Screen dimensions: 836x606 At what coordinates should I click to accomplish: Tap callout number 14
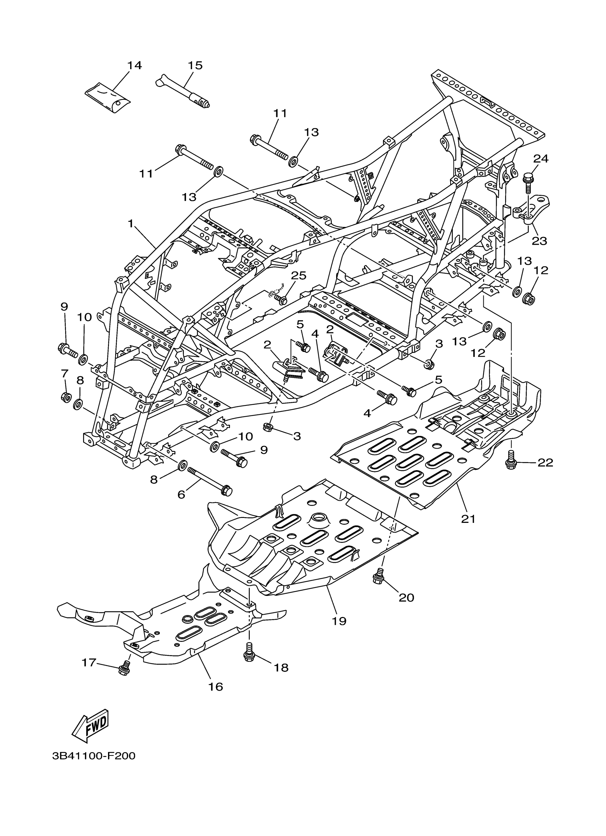point(134,66)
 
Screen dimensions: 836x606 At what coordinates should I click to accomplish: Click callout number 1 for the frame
point(130,223)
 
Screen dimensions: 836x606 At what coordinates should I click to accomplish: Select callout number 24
point(541,159)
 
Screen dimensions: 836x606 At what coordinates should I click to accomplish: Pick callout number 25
point(298,275)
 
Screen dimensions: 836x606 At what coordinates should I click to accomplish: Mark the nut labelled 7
point(66,397)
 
